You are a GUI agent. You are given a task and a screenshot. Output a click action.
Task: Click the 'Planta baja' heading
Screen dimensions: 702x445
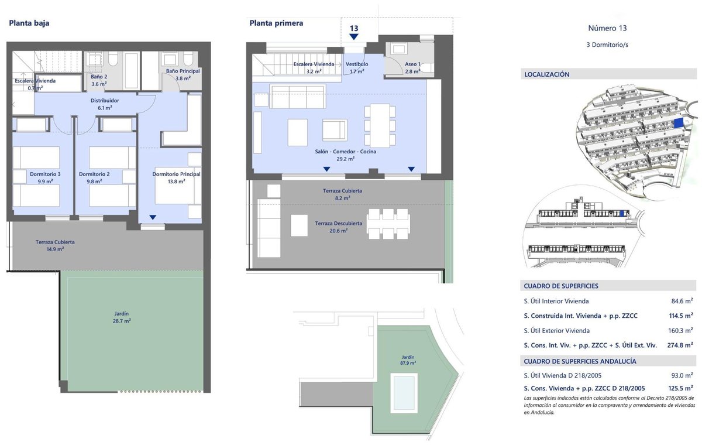pyautogui.click(x=29, y=23)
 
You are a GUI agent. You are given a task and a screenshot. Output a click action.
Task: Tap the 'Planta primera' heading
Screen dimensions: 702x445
pyautogui.click(x=276, y=23)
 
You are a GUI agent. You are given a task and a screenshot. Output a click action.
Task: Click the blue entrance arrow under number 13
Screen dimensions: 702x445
pyautogui.click(x=354, y=37)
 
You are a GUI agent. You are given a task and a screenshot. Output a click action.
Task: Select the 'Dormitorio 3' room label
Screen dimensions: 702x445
pyautogui.click(x=45, y=174)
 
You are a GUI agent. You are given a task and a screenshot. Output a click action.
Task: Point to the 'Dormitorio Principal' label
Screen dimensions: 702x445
pyautogui.click(x=177, y=174)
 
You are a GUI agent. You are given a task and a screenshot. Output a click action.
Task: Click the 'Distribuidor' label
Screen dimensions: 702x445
pyautogui.click(x=105, y=101)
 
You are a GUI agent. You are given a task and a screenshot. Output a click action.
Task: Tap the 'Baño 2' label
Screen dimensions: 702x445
pyautogui.click(x=99, y=77)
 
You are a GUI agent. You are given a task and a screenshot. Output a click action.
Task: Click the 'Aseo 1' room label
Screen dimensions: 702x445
pyautogui.click(x=412, y=64)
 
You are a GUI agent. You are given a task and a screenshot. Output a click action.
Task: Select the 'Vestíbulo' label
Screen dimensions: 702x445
pyautogui.click(x=357, y=64)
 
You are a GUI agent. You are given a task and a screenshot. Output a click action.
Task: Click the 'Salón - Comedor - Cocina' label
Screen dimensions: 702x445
pyautogui.click(x=345, y=152)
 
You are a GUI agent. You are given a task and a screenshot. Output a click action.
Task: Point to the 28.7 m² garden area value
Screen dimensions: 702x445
pyautogui.click(x=122, y=321)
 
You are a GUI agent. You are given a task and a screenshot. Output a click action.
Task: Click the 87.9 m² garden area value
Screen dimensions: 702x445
pyautogui.click(x=408, y=363)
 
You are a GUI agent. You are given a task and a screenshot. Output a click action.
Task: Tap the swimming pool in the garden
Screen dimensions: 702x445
pyautogui.click(x=404, y=393)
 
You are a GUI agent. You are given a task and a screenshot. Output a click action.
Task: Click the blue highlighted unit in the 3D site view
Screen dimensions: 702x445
pyautogui.click(x=678, y=123)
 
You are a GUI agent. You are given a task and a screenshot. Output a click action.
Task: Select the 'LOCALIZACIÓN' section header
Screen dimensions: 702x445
pyautogui.click(x=547, y=74)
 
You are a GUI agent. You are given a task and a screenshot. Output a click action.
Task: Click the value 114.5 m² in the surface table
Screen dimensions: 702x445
pyautogui.click(x=681, y=316)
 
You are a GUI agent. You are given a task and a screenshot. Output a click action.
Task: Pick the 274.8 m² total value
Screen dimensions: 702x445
pyautogui.click(x=680, y=345)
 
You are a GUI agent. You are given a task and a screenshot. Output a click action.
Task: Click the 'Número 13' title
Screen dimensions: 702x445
pyautogui.click(x=607, y=28)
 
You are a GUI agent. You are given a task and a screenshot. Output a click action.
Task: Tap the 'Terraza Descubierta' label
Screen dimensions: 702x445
pyautogui.click(x=339, y=223)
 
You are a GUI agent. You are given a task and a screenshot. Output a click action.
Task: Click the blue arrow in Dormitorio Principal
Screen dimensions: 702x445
pyautogui.click(x=153, y=217)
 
